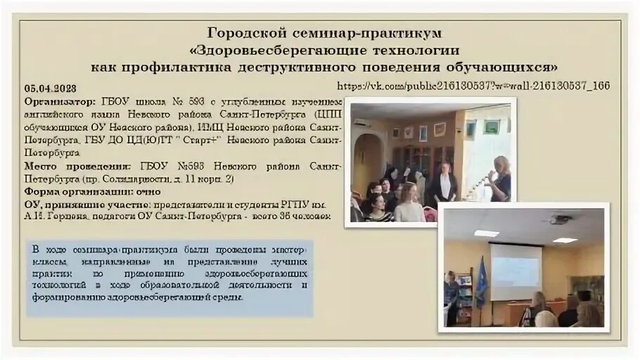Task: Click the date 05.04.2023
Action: click(x=50, y=89)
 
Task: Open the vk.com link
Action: click(x=473, y=86)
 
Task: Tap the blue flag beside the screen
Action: click(x=482, y=281)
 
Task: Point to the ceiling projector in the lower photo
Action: click(x=560, y=220)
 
